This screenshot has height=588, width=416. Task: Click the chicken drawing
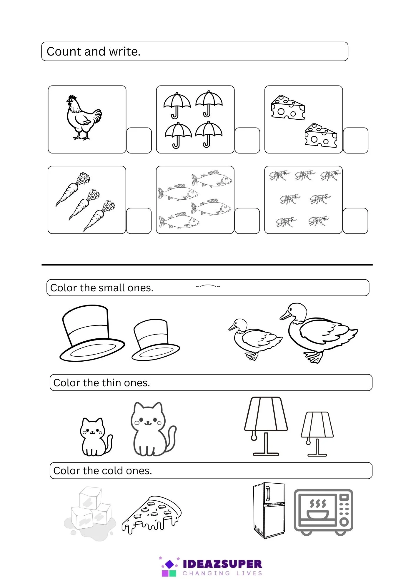(x=84, y=118)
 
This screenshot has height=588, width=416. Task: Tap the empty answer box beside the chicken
(x=139, y=141)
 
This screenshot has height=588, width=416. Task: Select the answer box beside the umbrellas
(x=247, y=141)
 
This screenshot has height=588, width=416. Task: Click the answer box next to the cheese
(x=355, y=141)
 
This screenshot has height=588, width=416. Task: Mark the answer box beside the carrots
(x=139, y=221)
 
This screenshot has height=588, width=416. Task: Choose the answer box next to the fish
(x=247, y=221)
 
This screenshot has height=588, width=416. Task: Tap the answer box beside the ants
(x=355, y=221)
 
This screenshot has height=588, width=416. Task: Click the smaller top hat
(x=155, y=340)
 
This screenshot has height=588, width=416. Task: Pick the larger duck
(x=318, y=333)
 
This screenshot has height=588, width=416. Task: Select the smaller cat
(x=96, y=437)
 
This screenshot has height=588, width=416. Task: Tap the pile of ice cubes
(x=90, y=513)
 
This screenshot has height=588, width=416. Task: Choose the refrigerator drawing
(x=269, y=510)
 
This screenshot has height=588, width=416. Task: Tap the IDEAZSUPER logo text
(x=222, y=564)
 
